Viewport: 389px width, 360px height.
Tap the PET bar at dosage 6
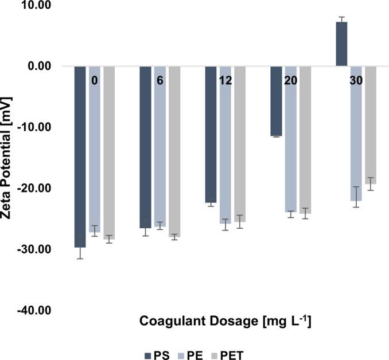tap(174, 151)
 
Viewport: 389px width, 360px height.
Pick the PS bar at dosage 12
tap(211, 134)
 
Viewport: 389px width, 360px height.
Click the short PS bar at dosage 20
tap(276, 101)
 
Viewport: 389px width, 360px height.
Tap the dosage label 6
tap(160, 81)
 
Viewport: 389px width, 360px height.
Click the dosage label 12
tap(225, 81)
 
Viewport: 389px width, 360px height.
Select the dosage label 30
tap(356, 81)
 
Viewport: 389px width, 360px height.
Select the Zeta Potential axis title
tap(7, 158)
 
